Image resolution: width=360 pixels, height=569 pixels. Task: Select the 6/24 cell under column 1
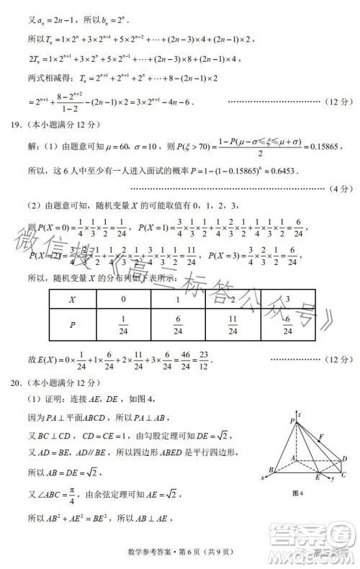pos(178,326)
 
